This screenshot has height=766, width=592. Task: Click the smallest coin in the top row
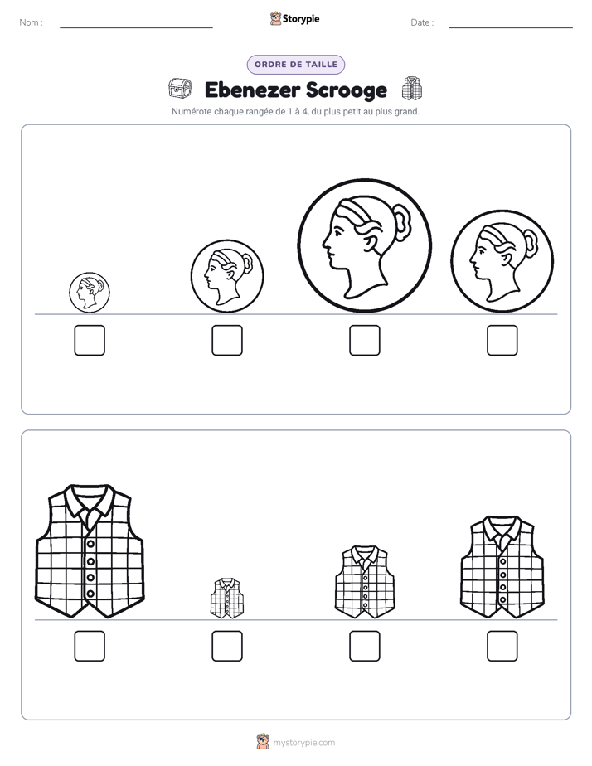[x=90, y=293]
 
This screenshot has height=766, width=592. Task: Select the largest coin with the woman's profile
[x=365, y=245]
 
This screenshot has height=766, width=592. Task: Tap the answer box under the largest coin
[x=365, y=341]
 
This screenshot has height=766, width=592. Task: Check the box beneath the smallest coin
[x=90, y=341]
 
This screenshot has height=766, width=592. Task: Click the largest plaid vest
[x=90, y=551]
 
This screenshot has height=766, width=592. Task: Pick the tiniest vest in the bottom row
[x=227, y=599]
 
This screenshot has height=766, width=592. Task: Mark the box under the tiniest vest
[x=227, y=647]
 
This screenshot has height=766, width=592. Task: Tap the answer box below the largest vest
[x=90, y=647]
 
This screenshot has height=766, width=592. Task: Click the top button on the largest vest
[x=90, y=544]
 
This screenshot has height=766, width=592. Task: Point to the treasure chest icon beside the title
[x=179, y=89]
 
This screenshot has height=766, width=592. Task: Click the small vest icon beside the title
[x=412, y=89]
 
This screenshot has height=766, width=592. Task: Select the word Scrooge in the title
[x=347, y=90]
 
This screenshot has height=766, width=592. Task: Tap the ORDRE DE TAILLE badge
[x=296, y=65]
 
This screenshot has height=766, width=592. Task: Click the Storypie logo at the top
[x=294, y=19]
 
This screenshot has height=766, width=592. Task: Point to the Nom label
[x=31, y=22]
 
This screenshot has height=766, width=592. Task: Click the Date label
[x=422, y=22]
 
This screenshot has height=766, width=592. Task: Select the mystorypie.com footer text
[x=303, y=743]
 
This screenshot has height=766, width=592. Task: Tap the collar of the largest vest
[x=90, y=501]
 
